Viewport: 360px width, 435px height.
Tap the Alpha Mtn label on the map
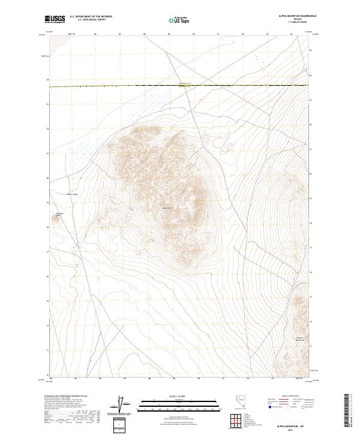(167, 208)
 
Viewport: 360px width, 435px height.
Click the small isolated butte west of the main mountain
(58, 217)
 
